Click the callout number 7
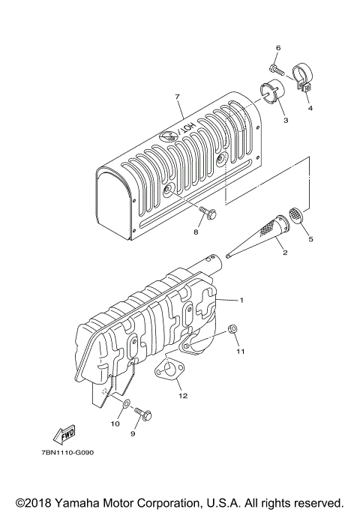[x=178, y=97]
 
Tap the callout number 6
[x=277, y=47]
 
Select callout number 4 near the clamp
[x=285, y=118]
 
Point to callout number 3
[x=310, y=108]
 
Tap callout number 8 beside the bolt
[x=196, y=233]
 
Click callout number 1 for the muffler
[x=242, y=300]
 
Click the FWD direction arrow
[x=59, y=434]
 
